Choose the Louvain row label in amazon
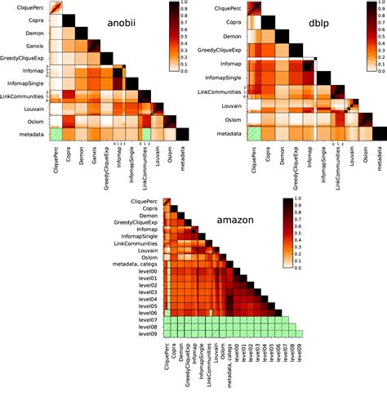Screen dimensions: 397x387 coord(147,249)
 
